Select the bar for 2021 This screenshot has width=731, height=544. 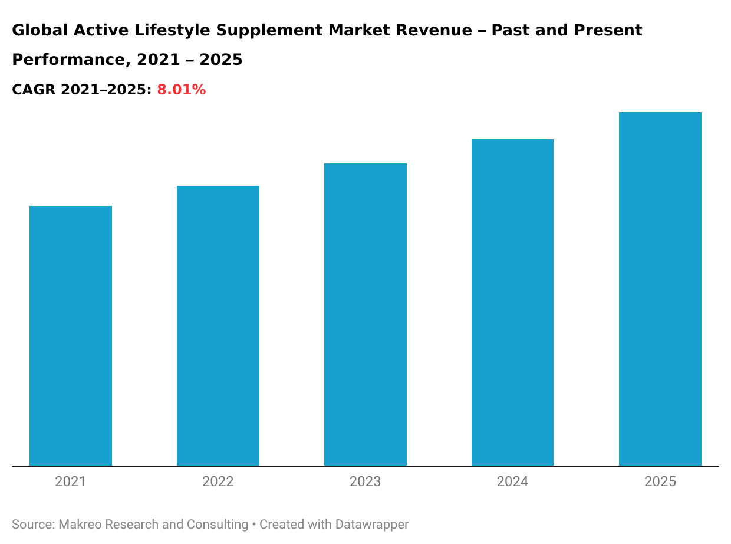(71, 336)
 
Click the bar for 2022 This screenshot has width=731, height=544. (218, 326)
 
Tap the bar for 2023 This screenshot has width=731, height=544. (365, 314)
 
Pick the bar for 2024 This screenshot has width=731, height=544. (512, 302)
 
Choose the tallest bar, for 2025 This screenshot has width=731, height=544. (660, 289)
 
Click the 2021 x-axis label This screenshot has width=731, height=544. (71, 481)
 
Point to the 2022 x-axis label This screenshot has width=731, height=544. (218, 481)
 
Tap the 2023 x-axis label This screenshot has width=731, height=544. (365, 481)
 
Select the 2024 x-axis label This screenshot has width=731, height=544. (512, 481)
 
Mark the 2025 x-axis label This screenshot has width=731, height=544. (660, 481)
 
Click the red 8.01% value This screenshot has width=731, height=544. (181, 90)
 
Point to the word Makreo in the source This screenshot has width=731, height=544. (80, 524)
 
